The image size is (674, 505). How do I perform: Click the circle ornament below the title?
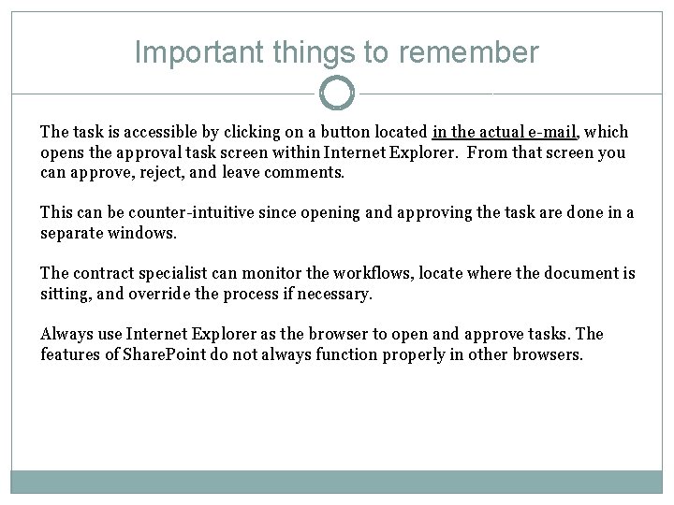337,93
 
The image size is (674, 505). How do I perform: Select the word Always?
63,334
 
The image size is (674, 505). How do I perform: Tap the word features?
69,354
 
